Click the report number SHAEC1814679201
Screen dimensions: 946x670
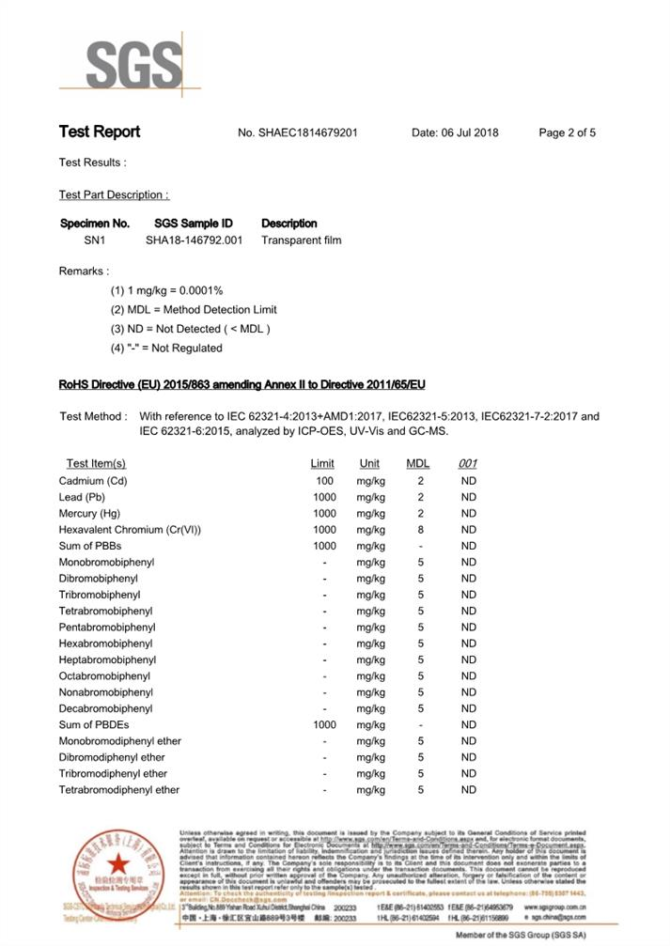point(297,132)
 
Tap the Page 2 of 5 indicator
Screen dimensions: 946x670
point(567,132)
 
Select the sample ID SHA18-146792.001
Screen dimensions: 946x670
point(194,240)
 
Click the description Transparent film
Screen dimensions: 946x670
point(301,240)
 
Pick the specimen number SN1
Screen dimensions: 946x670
point(94,240)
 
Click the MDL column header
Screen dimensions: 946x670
point(417,464)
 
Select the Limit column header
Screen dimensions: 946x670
point(322,464)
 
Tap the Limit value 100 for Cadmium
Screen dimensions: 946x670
point(324,481)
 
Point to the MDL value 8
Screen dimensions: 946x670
point(420,530)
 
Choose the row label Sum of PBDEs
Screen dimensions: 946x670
point(93,725)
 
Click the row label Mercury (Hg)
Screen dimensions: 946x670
point(89,514)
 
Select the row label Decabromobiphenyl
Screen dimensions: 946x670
point(105,708)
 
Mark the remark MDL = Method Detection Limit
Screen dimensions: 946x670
point(194,310)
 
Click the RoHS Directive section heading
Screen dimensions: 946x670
point(242,385)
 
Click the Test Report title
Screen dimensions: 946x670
point(100,132)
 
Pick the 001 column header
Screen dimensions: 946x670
point(468,464)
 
